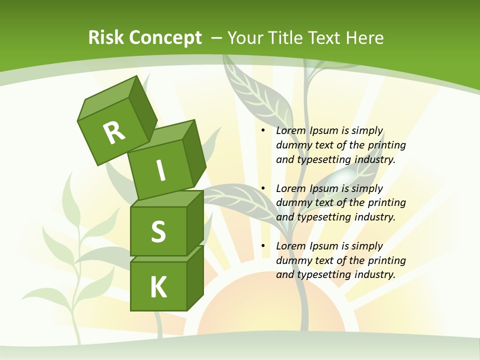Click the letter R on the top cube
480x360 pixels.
tap(114, 133)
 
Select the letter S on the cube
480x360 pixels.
tap(158, 231)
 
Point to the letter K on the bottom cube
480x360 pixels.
tap(158, 287)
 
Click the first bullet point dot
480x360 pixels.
tap(263, 131)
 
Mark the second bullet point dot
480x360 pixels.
tap(263, 188)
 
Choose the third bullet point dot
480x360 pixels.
tap(263, 246)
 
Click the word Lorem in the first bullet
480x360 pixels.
tap(289, 131)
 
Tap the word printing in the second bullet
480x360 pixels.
tap(386, 203)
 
